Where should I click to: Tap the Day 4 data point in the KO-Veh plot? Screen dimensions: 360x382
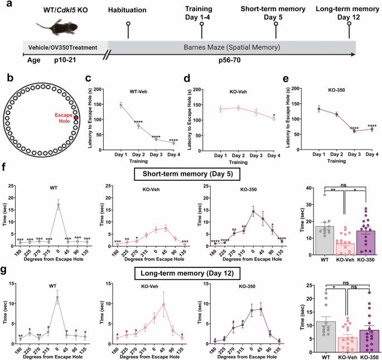274,118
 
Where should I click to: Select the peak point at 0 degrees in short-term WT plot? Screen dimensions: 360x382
58,205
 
